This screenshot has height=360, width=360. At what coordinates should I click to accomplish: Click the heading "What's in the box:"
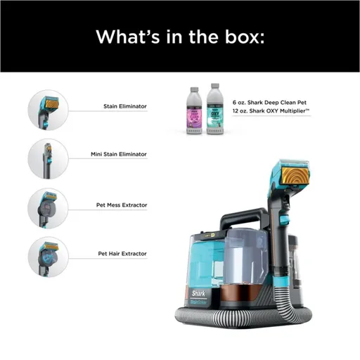(179, 36)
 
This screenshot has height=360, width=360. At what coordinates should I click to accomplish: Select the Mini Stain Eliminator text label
(117, 153)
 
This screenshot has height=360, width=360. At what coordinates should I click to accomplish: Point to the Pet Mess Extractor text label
(122, 205)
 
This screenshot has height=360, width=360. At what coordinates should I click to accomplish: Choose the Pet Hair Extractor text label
(122, 252)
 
